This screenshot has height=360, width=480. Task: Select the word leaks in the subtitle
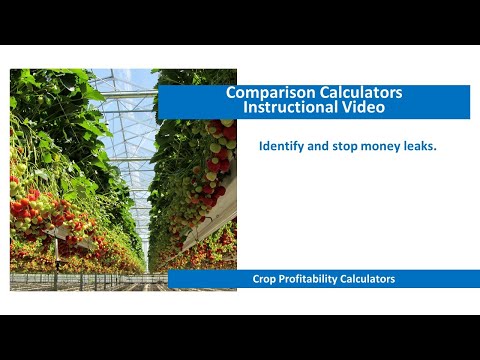click(423, 146)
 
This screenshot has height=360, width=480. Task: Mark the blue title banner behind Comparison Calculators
click(420, 100)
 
